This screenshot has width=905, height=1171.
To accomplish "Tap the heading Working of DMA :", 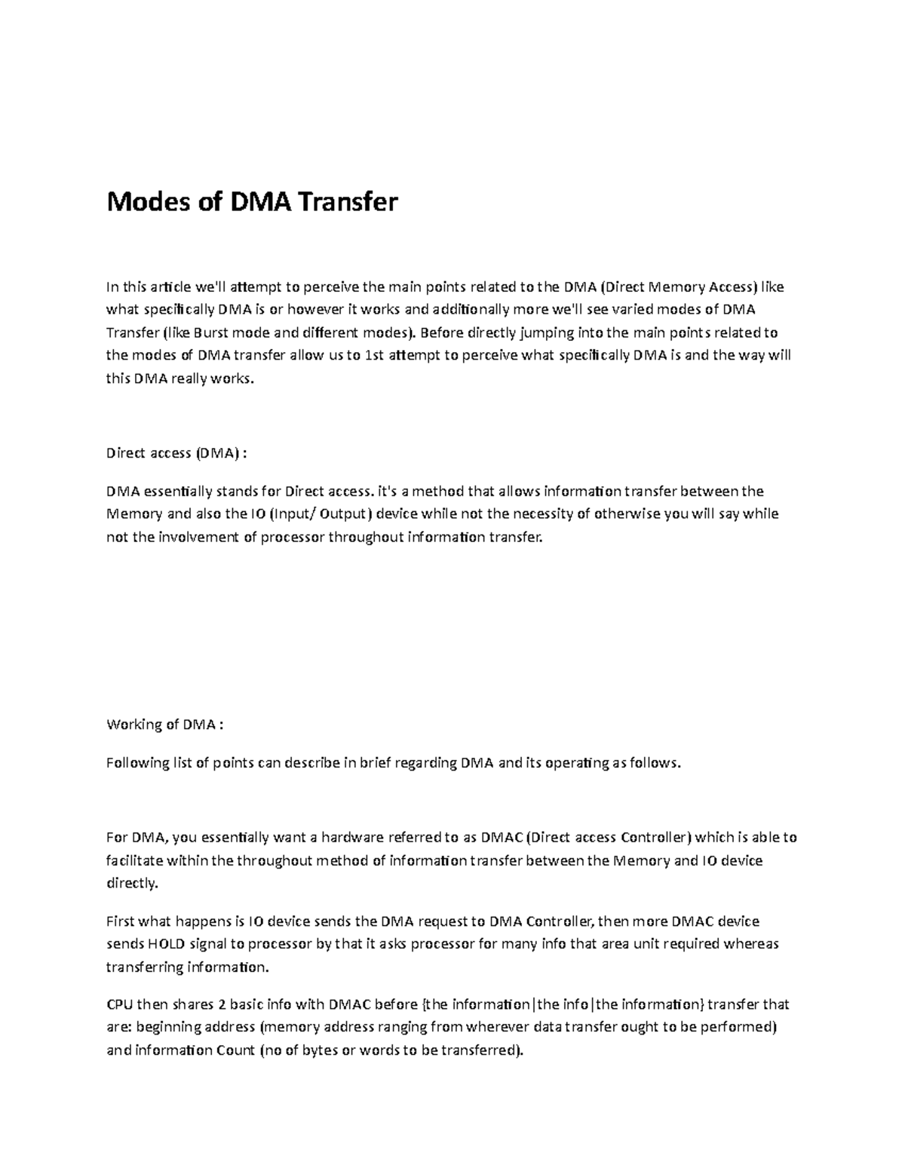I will coord(165,725).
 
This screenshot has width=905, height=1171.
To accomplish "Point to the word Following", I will coord(137,762).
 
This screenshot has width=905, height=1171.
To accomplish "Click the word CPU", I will coord(120,1004).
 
